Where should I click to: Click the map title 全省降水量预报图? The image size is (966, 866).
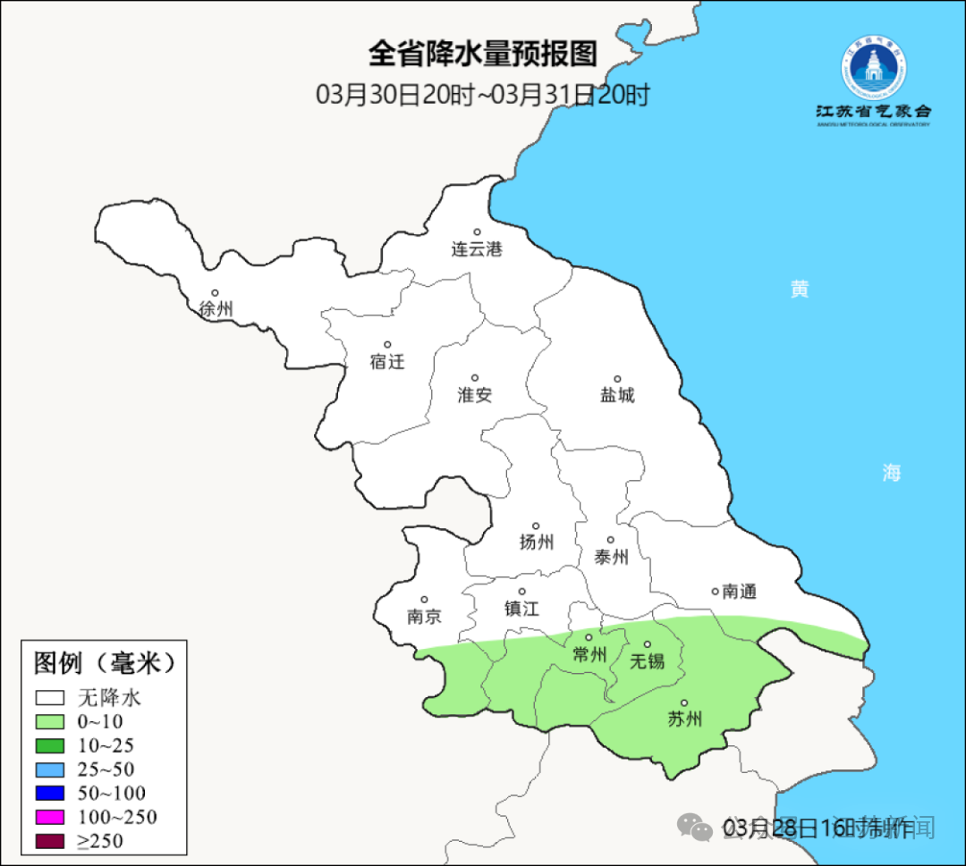(483, 54)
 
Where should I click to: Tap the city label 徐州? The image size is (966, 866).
(216, 309)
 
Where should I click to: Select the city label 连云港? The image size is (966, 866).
(477, 249)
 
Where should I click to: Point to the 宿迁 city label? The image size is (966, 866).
(387, 362)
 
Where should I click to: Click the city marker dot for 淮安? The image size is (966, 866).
(475, 378)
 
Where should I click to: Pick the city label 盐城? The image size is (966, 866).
(617, 395)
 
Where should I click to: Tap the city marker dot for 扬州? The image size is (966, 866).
(536, 526)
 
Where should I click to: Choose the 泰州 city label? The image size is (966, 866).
(611, 558)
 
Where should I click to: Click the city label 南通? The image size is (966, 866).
(740, 592)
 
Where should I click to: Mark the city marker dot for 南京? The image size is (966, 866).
(424, 601)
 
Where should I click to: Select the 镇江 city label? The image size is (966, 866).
(521, 609)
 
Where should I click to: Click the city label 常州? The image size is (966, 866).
(589, 655)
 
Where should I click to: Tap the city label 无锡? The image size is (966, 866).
(648, 661)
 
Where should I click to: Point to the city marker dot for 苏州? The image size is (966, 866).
(684, 703)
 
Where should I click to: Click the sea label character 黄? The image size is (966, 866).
(800, 289)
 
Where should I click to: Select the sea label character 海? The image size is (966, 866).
(891, 474)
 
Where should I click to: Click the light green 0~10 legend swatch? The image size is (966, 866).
(50, 722)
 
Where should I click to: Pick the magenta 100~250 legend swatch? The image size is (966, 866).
(50, 817)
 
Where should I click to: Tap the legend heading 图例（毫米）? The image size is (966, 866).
(103, 663)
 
